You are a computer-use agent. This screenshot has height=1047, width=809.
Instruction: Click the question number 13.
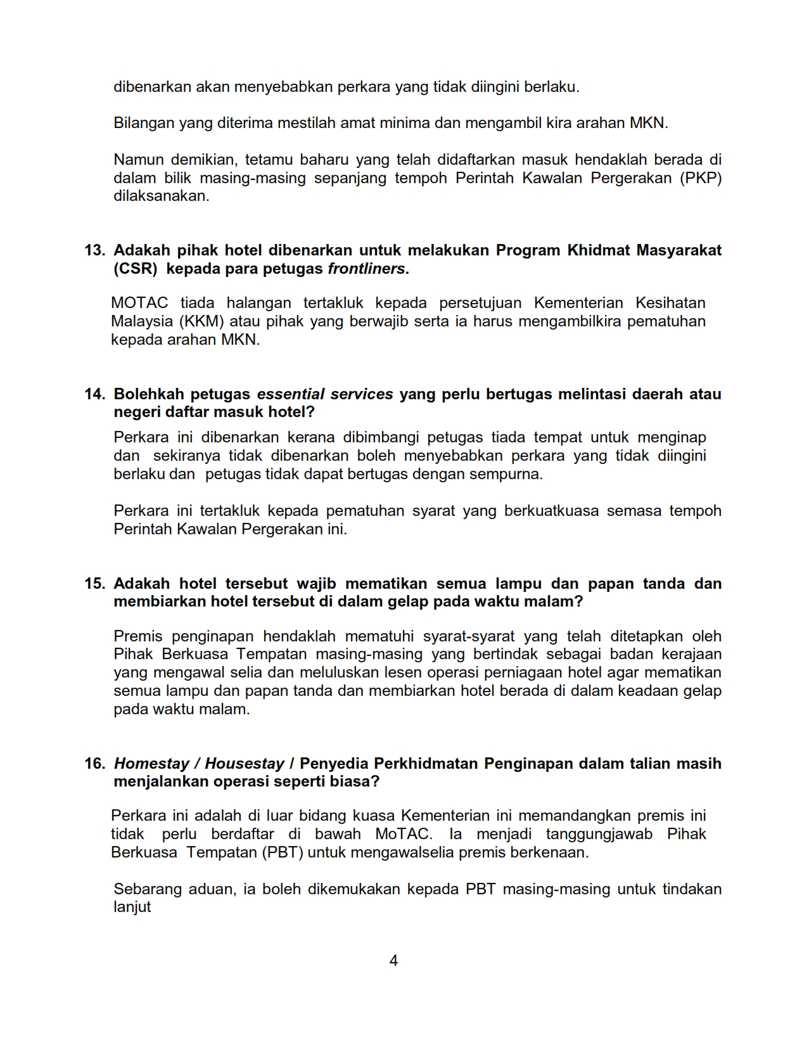[94, 250]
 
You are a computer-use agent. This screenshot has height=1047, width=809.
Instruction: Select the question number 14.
[94, 394]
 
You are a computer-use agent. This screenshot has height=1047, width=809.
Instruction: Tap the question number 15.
[94, 584]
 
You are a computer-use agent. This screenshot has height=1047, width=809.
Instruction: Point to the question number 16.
[94, 764]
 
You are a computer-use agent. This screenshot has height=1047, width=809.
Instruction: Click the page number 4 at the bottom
[393, 961]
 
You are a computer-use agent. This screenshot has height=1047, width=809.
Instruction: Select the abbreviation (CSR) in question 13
[136, 269]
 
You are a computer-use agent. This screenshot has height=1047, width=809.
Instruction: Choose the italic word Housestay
[245, 764]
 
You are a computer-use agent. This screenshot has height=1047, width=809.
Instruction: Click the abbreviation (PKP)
[701, 178]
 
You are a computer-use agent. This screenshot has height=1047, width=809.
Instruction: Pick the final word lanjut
[132, 907]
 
